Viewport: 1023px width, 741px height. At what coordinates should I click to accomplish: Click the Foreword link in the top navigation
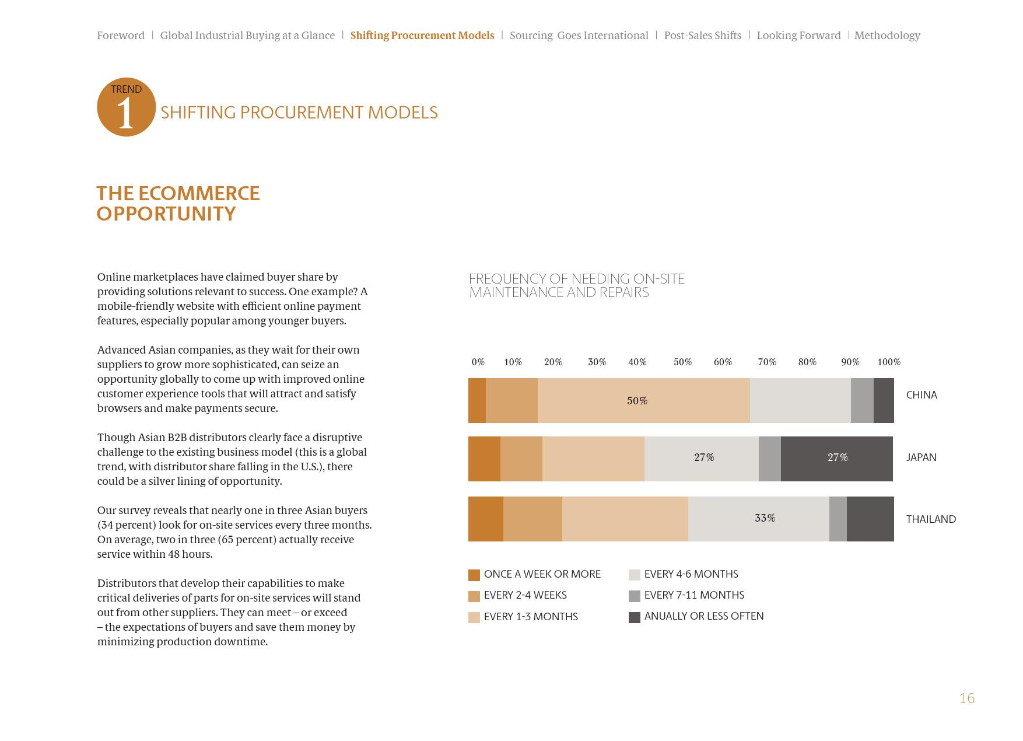121,36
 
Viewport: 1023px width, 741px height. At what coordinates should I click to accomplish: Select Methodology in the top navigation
887,36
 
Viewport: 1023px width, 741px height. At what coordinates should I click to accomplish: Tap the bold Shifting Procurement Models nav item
422,36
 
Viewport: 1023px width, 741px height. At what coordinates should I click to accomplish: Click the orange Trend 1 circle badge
126,107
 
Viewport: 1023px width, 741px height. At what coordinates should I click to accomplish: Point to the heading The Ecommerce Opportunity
178,203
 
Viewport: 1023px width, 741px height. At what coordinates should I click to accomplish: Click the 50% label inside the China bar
637,401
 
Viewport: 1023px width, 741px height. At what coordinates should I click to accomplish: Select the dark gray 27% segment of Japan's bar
837,458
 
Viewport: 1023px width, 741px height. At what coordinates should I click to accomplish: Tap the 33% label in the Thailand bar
765,518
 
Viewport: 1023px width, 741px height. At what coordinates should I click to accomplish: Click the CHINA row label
921,395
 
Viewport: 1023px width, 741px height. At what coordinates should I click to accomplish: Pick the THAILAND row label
930,519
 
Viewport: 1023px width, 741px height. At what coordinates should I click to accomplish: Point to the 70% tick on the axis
767,362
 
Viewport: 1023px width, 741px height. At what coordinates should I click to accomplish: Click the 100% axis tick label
888,362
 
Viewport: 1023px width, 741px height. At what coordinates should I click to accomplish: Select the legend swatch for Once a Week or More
474,575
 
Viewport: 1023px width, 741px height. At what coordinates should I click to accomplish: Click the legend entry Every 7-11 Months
693,595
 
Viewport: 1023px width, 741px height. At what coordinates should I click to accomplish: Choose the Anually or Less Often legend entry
703,616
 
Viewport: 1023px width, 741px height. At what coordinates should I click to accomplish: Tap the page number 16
966,698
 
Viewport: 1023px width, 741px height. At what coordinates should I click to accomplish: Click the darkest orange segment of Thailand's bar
485,519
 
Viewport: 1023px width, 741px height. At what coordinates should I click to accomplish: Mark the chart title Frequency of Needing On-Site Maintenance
576,285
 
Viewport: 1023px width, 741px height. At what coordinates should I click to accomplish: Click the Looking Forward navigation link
798,36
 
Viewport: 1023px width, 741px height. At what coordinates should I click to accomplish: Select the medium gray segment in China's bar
861,401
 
